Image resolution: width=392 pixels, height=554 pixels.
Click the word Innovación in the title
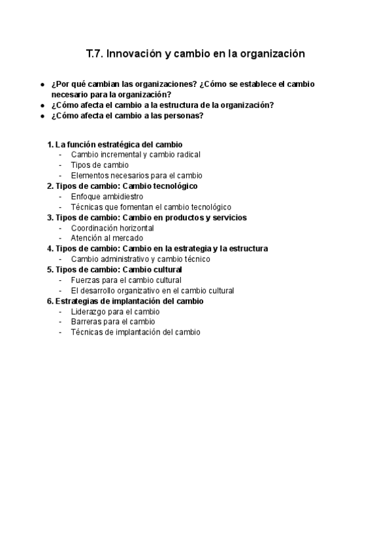point(133,54)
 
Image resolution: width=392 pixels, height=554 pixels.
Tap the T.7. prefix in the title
point(95,54)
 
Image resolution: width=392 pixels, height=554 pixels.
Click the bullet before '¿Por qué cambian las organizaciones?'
point(42,85)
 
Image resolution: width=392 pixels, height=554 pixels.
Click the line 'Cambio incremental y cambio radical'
point(135,155)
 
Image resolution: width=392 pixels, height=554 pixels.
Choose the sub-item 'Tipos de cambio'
point(99,165)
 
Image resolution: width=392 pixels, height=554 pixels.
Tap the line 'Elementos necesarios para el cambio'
point(137,176)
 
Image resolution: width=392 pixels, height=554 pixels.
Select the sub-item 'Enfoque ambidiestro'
point(106,197)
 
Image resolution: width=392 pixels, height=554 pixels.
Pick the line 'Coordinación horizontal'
point(112,228)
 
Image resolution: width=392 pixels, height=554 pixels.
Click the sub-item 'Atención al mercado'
point(106,238)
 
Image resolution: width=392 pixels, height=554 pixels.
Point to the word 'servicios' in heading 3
point(229,218)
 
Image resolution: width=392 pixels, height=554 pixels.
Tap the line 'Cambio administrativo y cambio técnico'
point(140,259)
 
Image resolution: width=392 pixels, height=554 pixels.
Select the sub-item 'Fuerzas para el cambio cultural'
point(126,280)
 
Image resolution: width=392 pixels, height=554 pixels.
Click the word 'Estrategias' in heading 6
point(76,301)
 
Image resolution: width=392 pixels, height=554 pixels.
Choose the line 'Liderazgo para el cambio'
point(115,312)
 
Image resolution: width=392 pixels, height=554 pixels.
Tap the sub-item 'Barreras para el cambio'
point(113,322)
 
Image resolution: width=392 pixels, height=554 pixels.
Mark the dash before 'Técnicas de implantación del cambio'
point(61,333)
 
